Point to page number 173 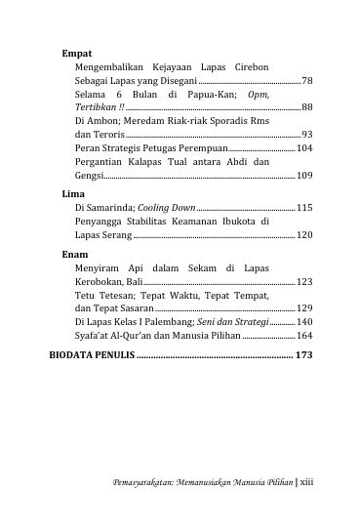click(x=302, y=355)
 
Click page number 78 click(x=307, y=80)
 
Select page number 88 click(x=307, y=107)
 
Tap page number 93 click(x=307, y=134)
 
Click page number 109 click(x=304, y=175)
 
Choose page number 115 click(x=304, y=208)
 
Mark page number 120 click(x=304, y=235)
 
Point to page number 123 click(x=304, y=281)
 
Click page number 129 click(x=304, y=307)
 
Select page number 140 click(x=304, y=321)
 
